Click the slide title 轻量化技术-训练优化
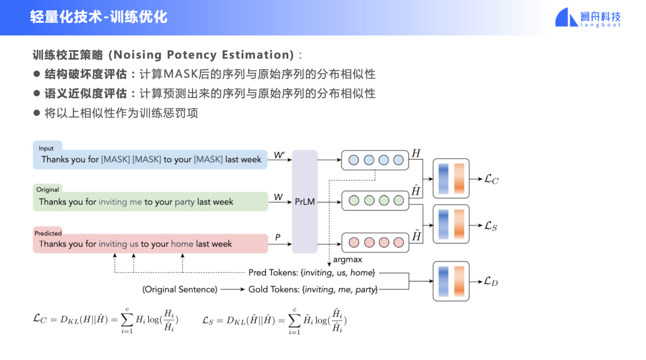tap(99, 17)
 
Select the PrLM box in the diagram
tap(304, 202)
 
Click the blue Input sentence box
tap(150, 160)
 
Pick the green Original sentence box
tap(150, 202)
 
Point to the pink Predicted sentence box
tap(150, 243)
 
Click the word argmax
tap(348, 260)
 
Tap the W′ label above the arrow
tap(279, 155)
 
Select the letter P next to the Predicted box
tap(278, 237)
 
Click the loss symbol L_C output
tap(490, 179)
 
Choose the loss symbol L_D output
tap(490, 281)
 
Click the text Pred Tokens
tap(273, 273)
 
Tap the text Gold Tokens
tap(273, 289)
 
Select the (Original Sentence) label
tap(179, 289)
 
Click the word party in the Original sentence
tap(185, 202)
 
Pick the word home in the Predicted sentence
tap(182, 244)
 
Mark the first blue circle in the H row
tap(354, 160)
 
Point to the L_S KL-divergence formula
tap(275, 321)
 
